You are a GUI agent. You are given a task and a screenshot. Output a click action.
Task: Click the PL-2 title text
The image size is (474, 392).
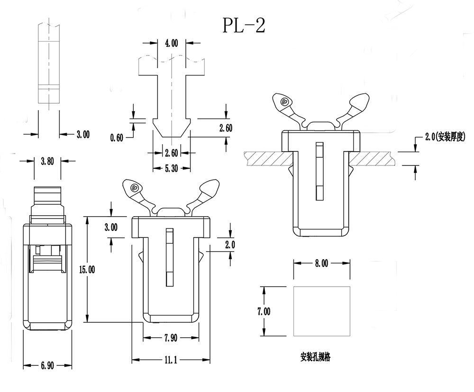(244, 25)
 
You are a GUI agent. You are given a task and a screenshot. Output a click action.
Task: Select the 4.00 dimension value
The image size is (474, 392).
(171, 44)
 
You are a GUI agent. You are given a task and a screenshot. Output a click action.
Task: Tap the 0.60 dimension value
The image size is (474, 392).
(117, 138)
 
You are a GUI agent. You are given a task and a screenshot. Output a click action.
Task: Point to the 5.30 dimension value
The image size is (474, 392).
(171, 169)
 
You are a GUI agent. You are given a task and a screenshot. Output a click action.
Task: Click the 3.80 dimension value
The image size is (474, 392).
(48, 161)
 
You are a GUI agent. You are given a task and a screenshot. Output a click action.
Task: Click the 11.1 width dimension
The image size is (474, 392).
(171, 360)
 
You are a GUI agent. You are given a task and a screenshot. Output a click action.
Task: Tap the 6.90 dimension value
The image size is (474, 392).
(47, 365)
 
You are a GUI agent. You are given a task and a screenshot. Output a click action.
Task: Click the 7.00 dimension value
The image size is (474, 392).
(264, 311)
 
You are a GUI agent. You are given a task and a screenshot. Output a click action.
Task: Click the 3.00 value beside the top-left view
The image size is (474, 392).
(82, 135)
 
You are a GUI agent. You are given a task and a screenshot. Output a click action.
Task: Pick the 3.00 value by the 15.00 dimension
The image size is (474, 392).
(110, 227)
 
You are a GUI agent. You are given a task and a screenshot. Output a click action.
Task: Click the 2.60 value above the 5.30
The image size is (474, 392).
(171, 153)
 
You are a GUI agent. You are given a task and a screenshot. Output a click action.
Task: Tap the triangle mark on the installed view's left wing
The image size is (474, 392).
(283, 101)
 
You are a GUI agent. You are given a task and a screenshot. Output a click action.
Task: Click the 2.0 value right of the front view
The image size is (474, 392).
(230, 245)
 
